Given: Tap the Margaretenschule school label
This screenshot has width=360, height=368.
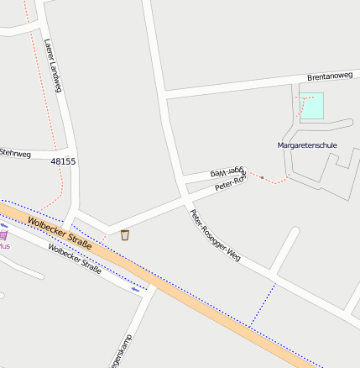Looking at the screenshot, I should [x=307, y=145].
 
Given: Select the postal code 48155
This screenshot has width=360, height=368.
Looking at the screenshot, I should [x=63, y=160].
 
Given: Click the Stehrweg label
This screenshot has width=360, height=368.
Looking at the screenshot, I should [x=15, y=153].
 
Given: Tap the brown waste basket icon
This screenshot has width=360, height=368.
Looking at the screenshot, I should [x=125, y=234].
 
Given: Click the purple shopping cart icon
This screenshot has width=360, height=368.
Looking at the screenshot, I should [x=3, y=236].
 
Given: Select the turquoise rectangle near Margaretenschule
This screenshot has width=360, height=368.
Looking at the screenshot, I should [x=312, y=106].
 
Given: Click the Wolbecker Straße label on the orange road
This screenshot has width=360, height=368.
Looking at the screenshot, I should [x=60, y=233].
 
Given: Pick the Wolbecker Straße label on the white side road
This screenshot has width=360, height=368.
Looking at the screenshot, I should [x=75, y=259].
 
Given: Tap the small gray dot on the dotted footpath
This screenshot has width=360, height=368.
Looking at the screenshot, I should [x=262, y=177].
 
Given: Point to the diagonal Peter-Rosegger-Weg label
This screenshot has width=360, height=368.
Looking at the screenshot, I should [x=216, y=234].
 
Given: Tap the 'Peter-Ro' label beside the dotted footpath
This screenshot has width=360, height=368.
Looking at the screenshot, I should [x=229, y=183].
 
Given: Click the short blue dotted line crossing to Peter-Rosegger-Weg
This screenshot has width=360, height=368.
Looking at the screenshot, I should [x=263, y=304].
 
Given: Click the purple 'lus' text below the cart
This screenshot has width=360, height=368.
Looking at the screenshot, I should [x=4, y=247].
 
